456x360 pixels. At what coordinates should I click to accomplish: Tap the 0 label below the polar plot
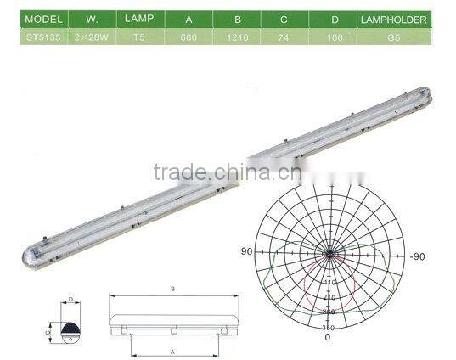328,337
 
